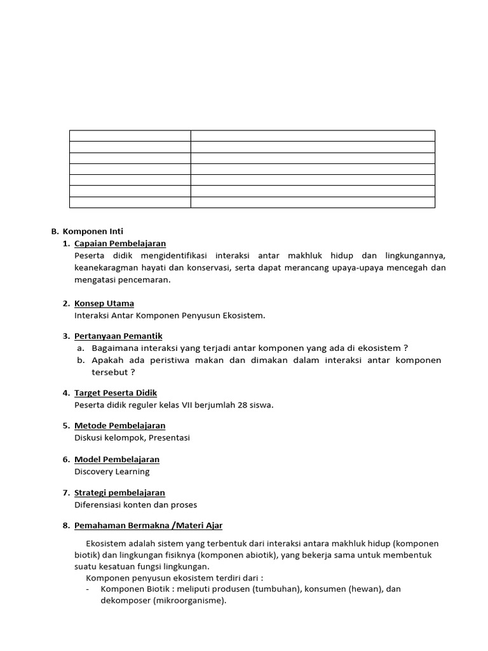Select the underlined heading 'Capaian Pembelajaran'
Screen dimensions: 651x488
[120, 243]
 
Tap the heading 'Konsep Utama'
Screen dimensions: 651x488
[104, 303]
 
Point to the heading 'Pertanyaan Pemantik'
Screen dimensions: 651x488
[118, 336]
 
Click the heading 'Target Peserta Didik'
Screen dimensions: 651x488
[116, 393]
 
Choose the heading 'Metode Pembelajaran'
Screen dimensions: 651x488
[119, 425]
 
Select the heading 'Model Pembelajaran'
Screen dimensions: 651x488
[117, 459]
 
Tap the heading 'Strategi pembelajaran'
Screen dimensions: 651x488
[119, 493]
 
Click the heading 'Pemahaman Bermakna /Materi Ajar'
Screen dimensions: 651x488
[148, 526]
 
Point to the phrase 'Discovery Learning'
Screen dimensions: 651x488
[112, 472]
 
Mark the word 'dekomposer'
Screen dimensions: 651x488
[125, 601]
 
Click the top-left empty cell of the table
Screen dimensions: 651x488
[130, 135]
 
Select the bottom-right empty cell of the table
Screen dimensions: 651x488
[313, 202]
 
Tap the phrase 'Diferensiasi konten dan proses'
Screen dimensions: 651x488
[136, 505]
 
